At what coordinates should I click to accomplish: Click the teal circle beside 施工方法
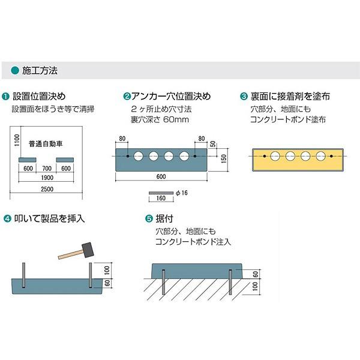coord(15,70)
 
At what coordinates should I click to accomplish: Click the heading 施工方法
coord(40,70)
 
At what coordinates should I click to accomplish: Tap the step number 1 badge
coord(5,97)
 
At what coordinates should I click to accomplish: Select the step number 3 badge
coord(244,97)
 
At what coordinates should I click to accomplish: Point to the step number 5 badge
coord(149,218)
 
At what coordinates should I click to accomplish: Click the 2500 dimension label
coord(47,189)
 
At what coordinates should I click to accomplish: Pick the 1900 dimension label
coord(47,178)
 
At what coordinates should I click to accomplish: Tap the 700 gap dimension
coord(47,168)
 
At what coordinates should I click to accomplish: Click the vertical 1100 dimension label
coord(17,140)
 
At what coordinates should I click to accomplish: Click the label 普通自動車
coord(46,144)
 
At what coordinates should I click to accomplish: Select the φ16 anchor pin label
coord(182,193)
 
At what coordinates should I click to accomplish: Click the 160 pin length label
coord(161,198)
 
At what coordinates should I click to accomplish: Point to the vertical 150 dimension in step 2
coord(224,159)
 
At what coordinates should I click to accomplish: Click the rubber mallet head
coord(88,250)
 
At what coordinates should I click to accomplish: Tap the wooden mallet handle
coord(71,254)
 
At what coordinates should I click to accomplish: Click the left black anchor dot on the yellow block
coord(265,156)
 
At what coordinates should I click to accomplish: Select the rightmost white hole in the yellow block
coord(320,156)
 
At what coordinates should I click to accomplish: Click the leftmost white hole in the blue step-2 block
coord(138,156)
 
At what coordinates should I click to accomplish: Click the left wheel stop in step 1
coord(28,160)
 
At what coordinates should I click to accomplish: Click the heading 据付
coord(164,218)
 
